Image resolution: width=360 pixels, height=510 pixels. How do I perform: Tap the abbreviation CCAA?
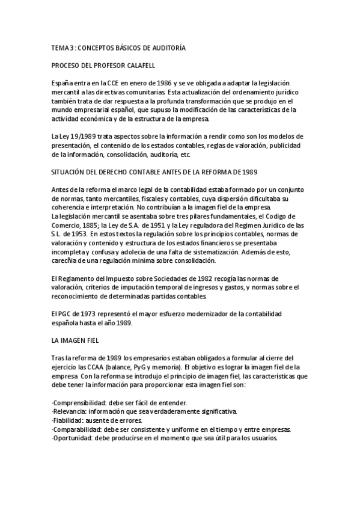(x=104, y=366)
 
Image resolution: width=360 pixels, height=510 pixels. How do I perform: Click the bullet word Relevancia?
(x=70, y=411)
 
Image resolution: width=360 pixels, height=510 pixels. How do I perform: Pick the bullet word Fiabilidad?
(x=70, y=420)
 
